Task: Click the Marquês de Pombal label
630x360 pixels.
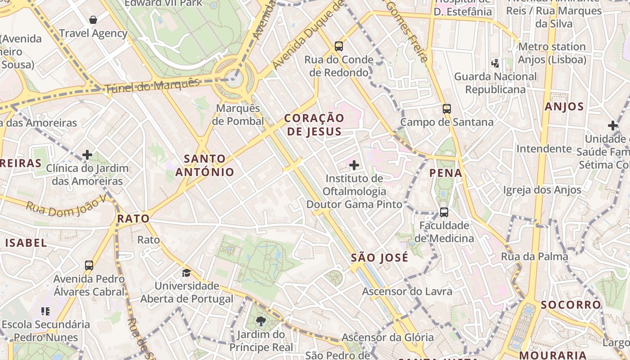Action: click(x=238, y=115)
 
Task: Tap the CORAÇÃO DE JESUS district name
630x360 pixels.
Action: click(x=315, y=125)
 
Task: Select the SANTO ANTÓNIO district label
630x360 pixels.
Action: click(x=205, y=165)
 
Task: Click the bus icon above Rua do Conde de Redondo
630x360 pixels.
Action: click(x=339, y=46)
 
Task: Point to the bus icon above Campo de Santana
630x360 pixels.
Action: click(x=446, y=108)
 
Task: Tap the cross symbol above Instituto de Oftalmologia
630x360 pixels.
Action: click(x=354, y=165)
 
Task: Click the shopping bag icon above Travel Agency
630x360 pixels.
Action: click(x=93, y=20)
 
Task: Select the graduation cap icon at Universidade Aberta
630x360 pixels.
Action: click(x=186, y=273)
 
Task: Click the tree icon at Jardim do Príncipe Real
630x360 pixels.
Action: click(x=261, y=321)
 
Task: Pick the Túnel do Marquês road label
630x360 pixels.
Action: click(x=152, y=85)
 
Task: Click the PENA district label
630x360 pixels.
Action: click(x=445, y=173)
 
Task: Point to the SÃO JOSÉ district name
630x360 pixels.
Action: click(x=379, y=258)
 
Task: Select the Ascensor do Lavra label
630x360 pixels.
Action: click(x=407, y=292)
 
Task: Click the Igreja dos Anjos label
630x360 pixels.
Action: click(x=542, y=190)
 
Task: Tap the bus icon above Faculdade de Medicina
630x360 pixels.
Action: click(x=444, y=212)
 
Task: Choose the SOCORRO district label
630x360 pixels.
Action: click(x=571, y=305)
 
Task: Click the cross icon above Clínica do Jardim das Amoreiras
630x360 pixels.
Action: click(x=87, y=155)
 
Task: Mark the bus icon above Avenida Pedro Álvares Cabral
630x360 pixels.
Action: click(x=89, y=265)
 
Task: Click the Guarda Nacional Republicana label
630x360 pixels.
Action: click(x=495, y=83)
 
